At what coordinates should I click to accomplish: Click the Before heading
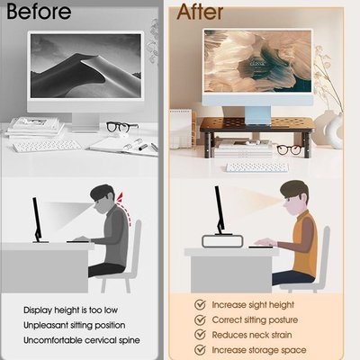point(39,12)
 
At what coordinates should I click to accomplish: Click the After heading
point(200,12)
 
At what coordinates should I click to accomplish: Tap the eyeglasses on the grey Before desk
point(122,127)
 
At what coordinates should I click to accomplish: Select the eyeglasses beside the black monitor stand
point(290,149)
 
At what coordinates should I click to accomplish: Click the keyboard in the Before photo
point(47,146)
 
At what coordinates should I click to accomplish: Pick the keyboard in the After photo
point(256,167)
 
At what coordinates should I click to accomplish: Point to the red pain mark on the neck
point(120,197)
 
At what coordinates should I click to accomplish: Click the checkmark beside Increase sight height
point(200,304)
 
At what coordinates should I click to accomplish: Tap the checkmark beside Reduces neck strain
point(200,335)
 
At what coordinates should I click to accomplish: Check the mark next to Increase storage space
point(200,350)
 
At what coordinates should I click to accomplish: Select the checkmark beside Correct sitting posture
point(200,319)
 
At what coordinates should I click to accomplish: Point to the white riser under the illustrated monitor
point(222,241)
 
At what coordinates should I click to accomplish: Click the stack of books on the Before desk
point(33,127)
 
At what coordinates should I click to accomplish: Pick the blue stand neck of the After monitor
point(257,114)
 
